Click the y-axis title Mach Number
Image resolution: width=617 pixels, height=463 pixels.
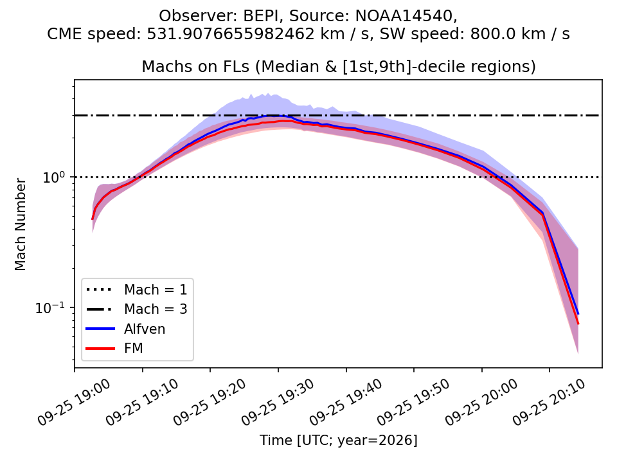point(20,224)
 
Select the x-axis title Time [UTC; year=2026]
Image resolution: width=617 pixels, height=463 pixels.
point(339,440)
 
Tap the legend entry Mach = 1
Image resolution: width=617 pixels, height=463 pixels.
point(136,290)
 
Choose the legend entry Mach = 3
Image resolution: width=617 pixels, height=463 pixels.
point(136,309)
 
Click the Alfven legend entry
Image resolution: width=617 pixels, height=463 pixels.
point(125,329)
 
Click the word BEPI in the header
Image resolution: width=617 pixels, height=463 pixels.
point(262,16)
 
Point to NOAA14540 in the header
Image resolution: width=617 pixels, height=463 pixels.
point(404,16)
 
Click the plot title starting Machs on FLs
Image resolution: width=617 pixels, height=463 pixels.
point(339,66)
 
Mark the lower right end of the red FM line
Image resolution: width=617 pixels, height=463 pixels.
point(578,324)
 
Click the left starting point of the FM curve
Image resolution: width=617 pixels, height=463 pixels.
point(92,219)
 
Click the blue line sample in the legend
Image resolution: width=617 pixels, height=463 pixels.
point(100,329)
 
